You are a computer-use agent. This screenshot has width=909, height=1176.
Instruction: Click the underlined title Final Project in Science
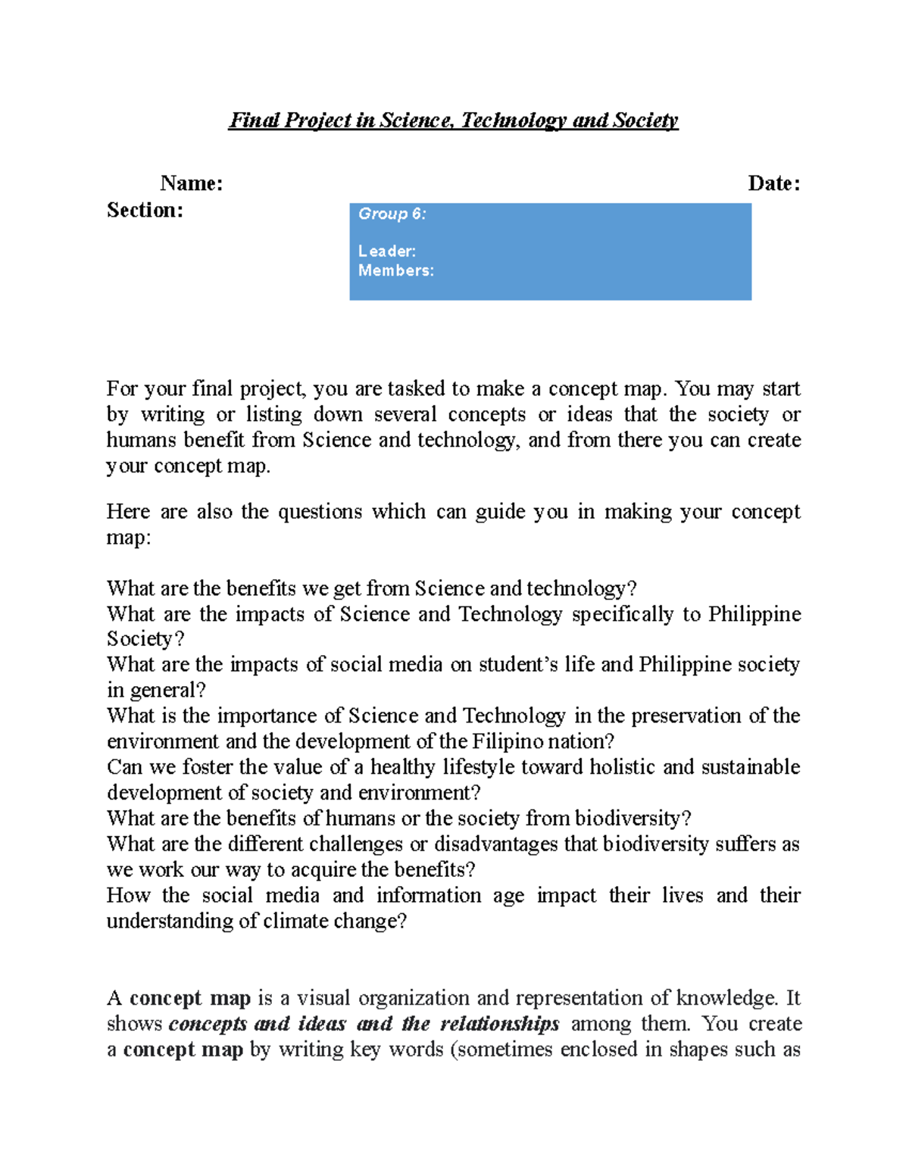[453, 120]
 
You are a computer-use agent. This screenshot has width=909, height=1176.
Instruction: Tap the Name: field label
[192, 183]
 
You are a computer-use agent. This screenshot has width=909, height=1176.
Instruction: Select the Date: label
[773, 183]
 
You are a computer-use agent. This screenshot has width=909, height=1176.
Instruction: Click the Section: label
[145, 210]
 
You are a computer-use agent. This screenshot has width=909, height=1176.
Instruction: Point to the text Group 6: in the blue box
[392, 214]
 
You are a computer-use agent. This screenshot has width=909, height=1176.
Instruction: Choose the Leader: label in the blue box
[386, 251]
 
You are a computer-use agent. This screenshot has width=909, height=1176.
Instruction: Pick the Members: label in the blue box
[395, 270]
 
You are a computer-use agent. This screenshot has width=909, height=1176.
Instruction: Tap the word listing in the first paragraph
[273, 415]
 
